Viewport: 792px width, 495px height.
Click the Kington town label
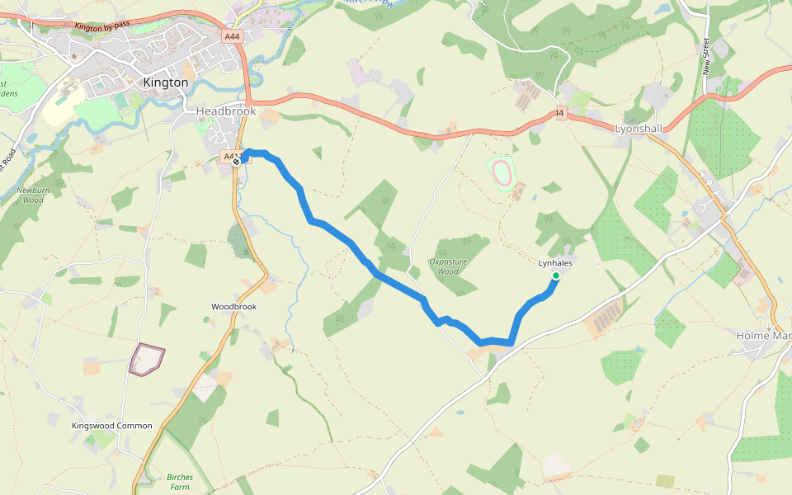click(166, 82)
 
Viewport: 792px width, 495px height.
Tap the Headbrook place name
click(226, 111)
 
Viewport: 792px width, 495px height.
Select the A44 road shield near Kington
click(232, 36)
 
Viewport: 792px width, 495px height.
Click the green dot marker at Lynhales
click(556, 276)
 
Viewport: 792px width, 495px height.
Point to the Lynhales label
click(555, 263)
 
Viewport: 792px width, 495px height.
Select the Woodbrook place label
click(233, 307)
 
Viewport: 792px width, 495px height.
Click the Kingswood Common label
click(112, 426)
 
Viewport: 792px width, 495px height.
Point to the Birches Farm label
click(180, 482)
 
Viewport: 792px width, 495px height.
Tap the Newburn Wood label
click(30, 195)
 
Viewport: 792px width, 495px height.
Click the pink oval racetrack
click(501, 172)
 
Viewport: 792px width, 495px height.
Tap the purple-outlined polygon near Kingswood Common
click(147, 360)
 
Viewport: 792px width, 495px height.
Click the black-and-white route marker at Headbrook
click(237, 162)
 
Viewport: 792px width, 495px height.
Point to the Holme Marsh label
click(763, 336)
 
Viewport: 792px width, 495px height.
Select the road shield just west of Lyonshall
click(560, 113)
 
